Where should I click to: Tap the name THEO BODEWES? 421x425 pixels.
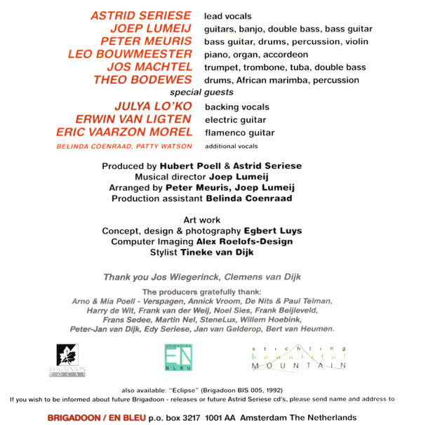pyautogui.click(x=142, y=79)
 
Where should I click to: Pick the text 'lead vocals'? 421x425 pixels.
pyautogui.click(x=228, y=15)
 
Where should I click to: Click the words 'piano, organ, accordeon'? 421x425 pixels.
pyautogui.click(x=256, y=54)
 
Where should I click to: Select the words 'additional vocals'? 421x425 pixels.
pyautogui.click(x=232, y=146)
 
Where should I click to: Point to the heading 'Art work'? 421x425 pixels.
pyautogui.click(x=201, y=220)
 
